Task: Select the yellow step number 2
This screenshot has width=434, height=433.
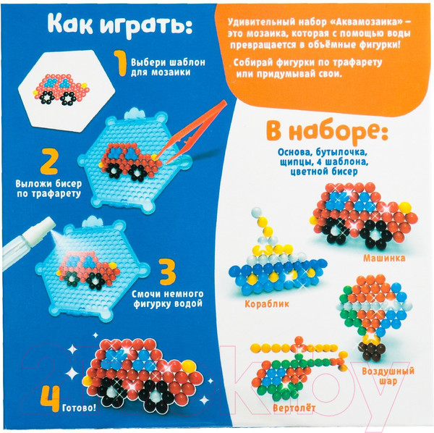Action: point(28,161)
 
